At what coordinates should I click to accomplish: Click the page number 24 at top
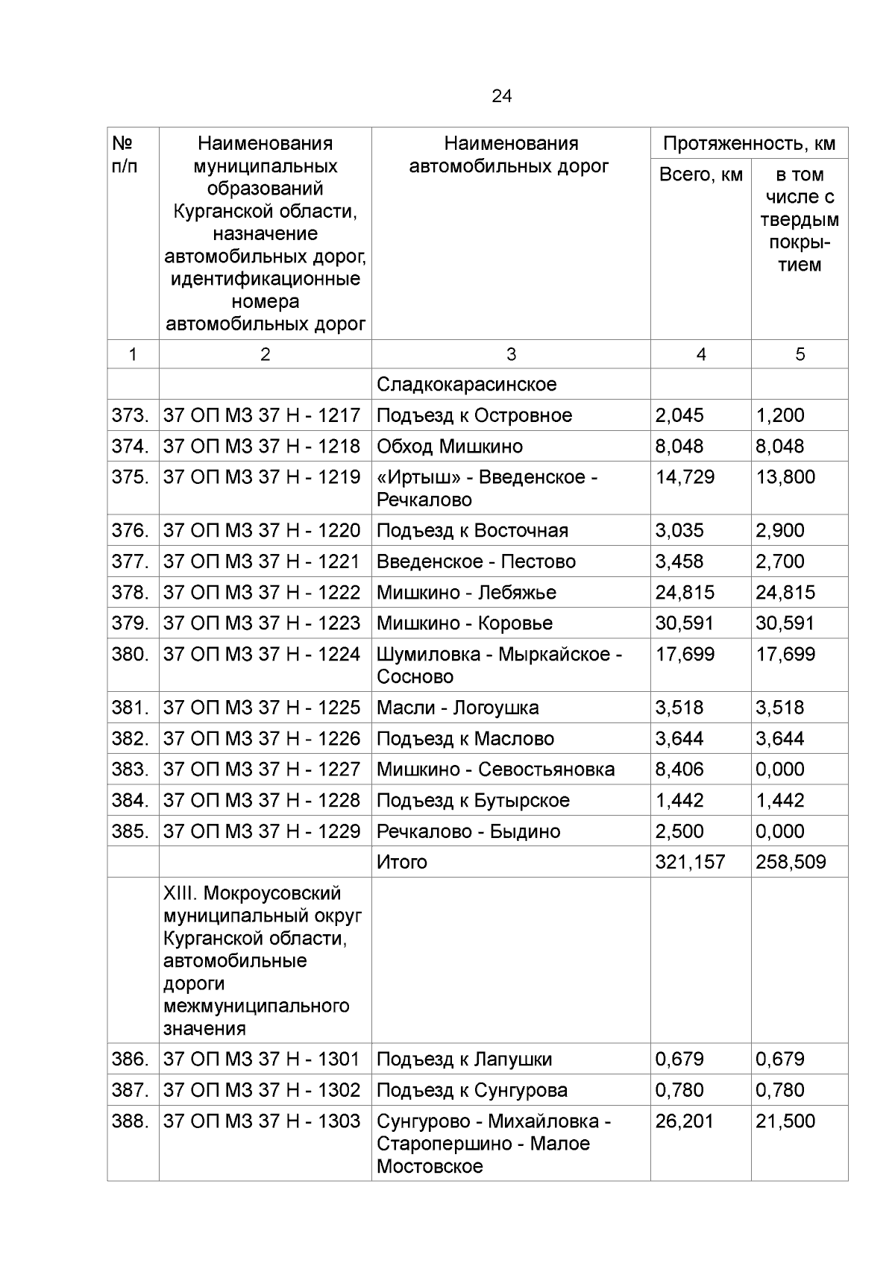pyautogui.click(x=501, y=96)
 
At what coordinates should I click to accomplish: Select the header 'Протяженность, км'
pyautogui.click(x=749, y=144)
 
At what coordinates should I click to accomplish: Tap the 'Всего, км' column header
pyautogui.click(x=700, y=175)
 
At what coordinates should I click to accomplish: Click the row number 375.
pyautogui.click(x=131, y=477)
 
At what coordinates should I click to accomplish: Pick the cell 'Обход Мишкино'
pyautogui.click(x=450, y=447)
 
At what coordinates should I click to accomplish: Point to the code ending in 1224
pyautogui.click(x=262, y=655)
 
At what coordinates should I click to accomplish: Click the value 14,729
pyautogui.click(x=685, y=477)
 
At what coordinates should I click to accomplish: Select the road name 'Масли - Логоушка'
pyautogui.click(x=457, y=708)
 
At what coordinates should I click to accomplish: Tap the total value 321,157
pyautogui.click(x=690, y=863)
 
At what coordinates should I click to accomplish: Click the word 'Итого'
pyautogui.click(x=402, y=863)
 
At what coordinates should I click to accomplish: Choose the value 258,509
pyautogui.click(x=791, y=863)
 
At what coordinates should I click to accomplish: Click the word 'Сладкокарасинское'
pyautogui.click(x=467, y=385)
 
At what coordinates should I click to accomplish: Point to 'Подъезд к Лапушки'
pyautogui.click(x=464, y=1059)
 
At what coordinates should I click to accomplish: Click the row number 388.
pyautogui.click(x=131, y=1121)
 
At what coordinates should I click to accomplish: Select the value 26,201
pyautogui.click(x=685, y=1121)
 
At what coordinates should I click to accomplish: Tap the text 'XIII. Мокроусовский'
pyautogui.click(x=252, y=893)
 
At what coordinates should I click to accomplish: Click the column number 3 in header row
pyautogui.click(x=511, y=355)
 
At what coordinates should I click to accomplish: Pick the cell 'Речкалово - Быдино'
pyautogui.click(x=468, y=831)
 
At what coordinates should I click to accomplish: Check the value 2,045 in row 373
pyautogui.click(x=679, y=415)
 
